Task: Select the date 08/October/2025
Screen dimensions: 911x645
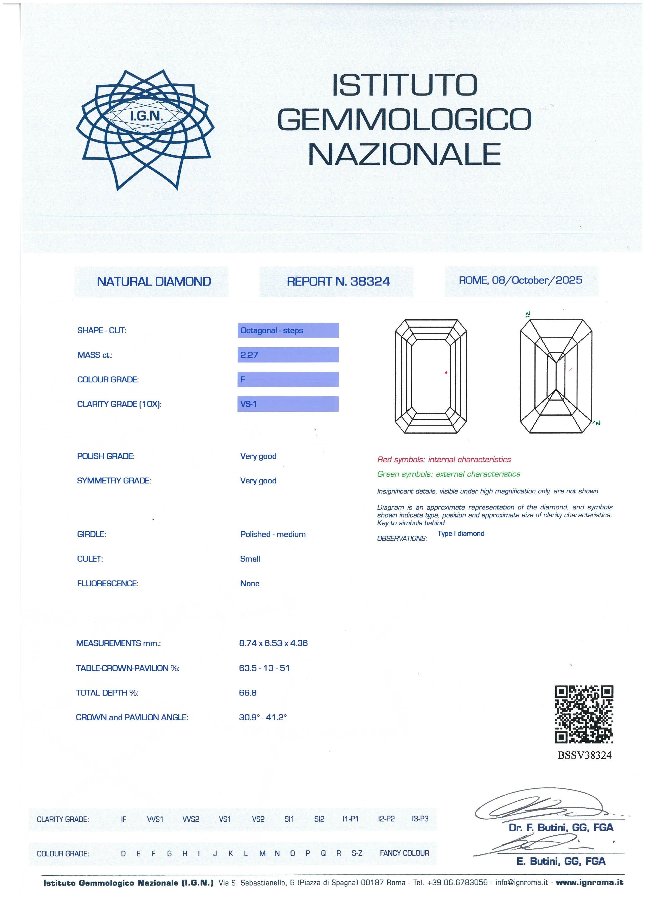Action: tap(537, 280)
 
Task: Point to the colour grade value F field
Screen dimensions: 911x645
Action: tap(288, 379)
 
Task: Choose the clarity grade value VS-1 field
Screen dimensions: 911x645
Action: tap(288, 404)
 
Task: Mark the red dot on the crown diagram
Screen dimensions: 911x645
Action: tap(446, 372)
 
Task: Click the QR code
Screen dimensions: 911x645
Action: tap(584, 714)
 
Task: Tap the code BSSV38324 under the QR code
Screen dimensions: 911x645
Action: tap(584, 755)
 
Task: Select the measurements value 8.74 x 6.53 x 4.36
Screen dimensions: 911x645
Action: tap(273, 643)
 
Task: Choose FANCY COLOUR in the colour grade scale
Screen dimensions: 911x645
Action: tap(404, 853)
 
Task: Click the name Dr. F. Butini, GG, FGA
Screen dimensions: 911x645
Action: tap(561, 828)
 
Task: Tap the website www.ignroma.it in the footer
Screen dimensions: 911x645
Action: tap(589, 883)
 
